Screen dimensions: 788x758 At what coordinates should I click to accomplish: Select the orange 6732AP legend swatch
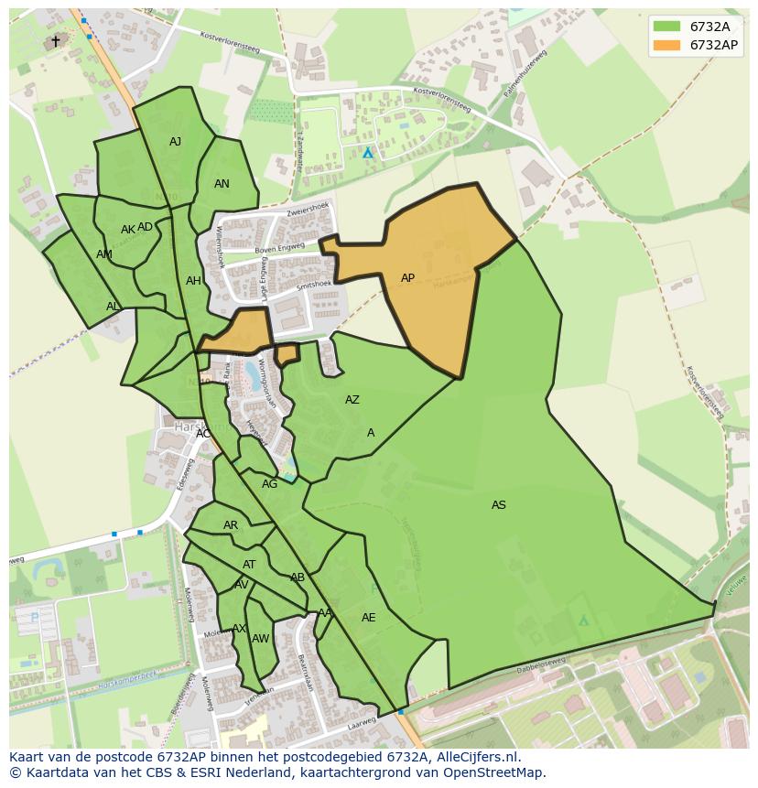(667, 44)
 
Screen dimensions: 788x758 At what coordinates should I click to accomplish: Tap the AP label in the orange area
(407, 278)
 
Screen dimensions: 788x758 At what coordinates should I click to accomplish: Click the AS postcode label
(498, 505)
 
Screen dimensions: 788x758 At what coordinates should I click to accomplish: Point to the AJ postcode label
(176, 142)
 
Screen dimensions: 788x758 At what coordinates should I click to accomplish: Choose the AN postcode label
(222, 184)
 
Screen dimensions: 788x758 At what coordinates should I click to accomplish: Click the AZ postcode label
(352, 400)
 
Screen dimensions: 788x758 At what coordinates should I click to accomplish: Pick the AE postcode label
(368, 618)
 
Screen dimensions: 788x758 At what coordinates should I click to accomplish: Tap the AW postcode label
(260, 639)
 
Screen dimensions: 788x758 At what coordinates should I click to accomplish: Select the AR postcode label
(231, 525)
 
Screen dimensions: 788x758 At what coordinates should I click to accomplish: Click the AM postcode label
(104, 254)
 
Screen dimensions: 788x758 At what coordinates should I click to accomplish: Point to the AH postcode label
(193, 281)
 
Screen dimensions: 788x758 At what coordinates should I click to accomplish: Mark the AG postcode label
(269, 484)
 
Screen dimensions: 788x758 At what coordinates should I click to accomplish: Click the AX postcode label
(239, 629)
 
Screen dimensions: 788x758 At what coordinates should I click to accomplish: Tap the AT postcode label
(249, 565)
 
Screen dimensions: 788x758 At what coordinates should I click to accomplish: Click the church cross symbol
(55, 41)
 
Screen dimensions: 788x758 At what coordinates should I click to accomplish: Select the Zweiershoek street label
(307, 208)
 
